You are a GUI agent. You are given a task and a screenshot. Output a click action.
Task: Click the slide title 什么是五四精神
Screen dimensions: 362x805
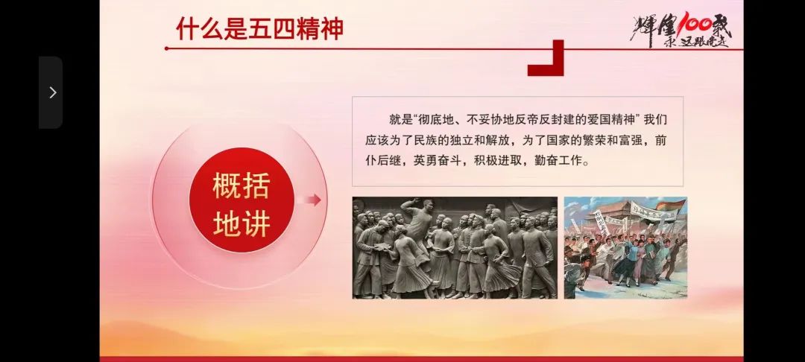[x=259, y=28]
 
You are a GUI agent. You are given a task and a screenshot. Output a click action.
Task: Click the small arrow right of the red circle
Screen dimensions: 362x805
[x=313, y=200]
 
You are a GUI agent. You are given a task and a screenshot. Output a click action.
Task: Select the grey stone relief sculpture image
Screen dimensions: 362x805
[x=455, y=247]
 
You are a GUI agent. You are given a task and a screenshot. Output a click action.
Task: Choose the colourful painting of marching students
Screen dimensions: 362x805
[x=625, y=247]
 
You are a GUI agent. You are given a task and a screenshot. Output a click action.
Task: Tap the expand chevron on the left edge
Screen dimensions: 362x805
[x=51, y=92]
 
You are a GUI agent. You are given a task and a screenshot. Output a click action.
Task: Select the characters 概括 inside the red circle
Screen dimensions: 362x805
[x=241, y=185]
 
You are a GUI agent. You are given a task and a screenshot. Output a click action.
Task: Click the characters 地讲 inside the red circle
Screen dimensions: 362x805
[x=241, y=223]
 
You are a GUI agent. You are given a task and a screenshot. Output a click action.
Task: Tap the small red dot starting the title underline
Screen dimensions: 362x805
[x=166, y=48]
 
